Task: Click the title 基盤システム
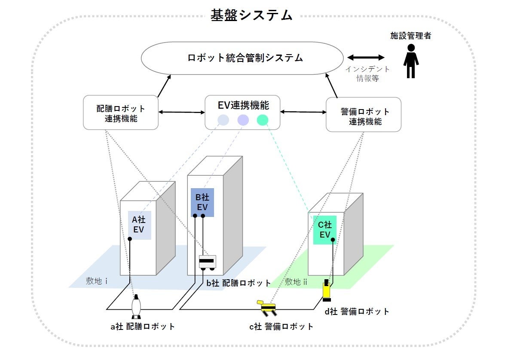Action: pyautogui.click(x=251, y=15)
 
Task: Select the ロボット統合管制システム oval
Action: pyautogui.click(x=243, y=58)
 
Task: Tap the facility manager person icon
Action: pyautogui.click(x=410, y=61)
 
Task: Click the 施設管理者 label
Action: pyautogui.click(x=410, y=36)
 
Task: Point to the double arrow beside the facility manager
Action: pyautogui.click(x=366, y=58)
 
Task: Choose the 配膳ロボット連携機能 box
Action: pyautogui.click(x=121, y=113)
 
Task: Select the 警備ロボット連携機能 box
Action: pyautogui.click(x=364, y=115)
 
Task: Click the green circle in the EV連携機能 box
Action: pyautogui.click(x=263, y=120)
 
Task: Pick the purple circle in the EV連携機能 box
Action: pyautogui.click(x=243, y=120)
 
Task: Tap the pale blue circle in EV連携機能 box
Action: pyautogui.click(x=223, y=120)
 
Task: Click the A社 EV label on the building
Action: pyautogui.click(x=139, y=225)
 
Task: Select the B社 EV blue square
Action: pyautogui.click(x=202, y=202)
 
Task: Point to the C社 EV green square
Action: pyautogui.click(x=324, y=230)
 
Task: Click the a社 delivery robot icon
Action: pyautogui.click(x=136, y=306)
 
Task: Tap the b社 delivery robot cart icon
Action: pyautogui.click(x=207, y=262)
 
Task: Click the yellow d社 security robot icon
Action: pyautogui.click(x=327, y=290)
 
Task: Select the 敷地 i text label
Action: pyautogui.click(x=96, y=281)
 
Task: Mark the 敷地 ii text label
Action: pyautogui.click(x=296, y=281)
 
